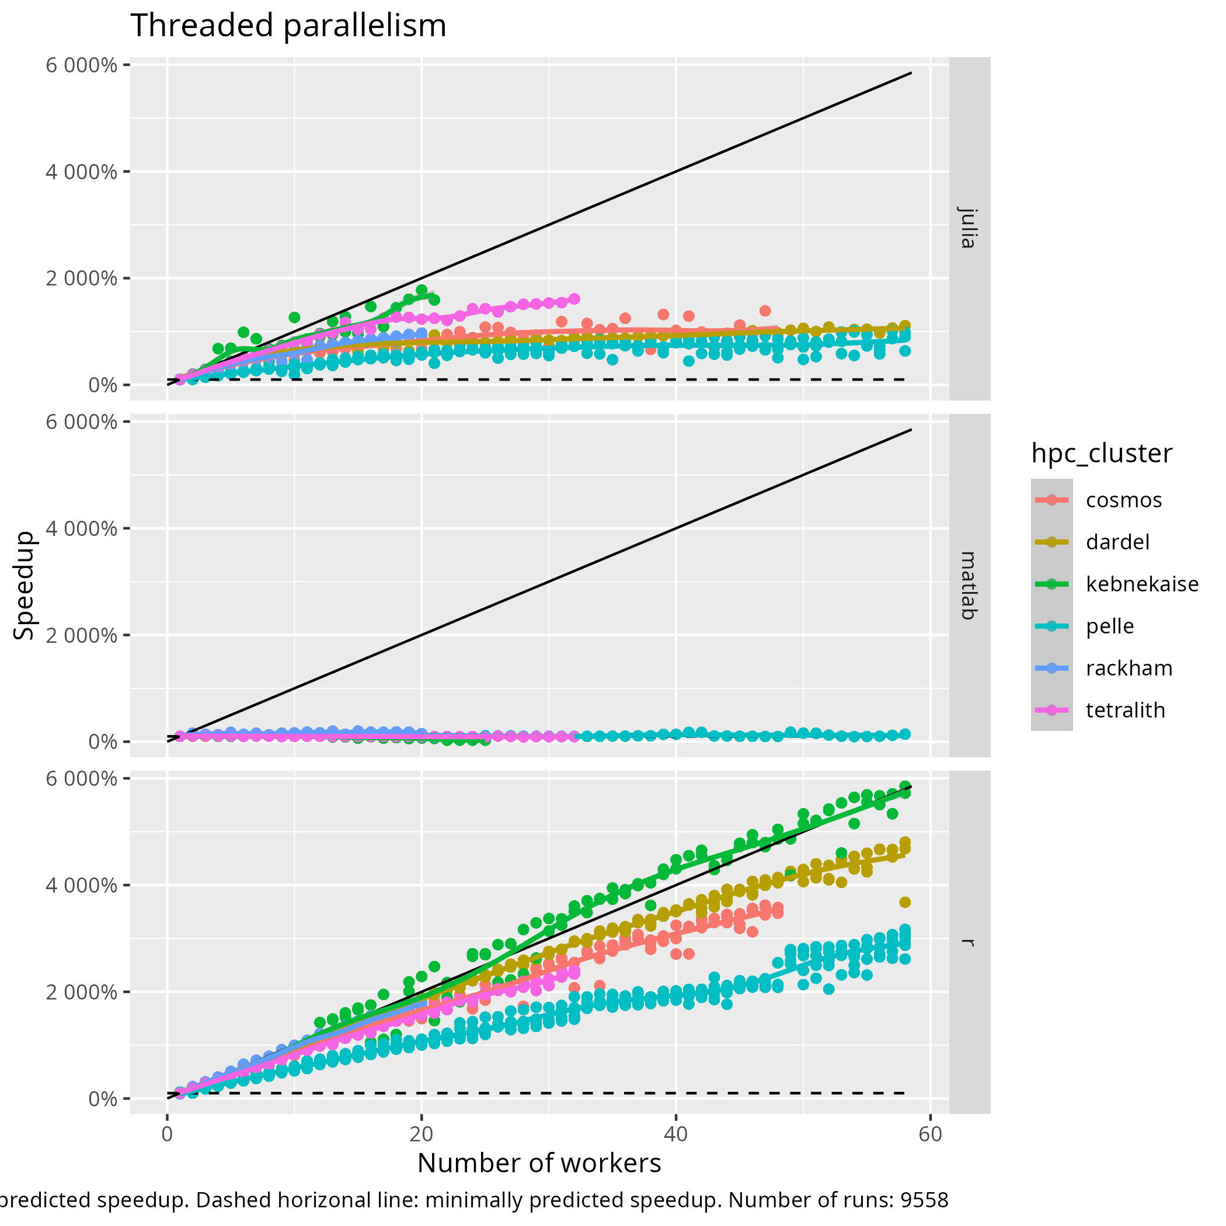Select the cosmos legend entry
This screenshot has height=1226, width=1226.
1123,500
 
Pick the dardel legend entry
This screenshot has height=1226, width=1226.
1117,542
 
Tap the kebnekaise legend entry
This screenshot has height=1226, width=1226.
1141,584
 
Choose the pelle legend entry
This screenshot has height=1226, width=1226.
1109,626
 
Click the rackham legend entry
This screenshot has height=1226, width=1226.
1129,668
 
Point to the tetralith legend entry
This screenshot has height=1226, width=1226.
1125,710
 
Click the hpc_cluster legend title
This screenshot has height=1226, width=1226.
1102,454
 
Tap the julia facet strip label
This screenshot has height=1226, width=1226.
968,228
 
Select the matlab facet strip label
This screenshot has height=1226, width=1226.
968,585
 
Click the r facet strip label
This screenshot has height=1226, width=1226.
968,942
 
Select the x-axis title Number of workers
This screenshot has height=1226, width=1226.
539,1163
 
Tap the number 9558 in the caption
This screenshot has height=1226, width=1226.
925,1200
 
